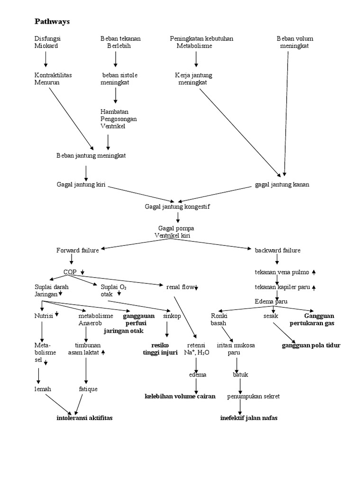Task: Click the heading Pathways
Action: (x=53, y=21)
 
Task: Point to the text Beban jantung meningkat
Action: (x=91, y=155)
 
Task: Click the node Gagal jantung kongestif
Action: (x=177, y=206)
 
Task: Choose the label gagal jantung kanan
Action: (x=282, y=185)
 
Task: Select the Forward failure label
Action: (x=77, y=250)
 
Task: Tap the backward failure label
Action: (x=277, y=250)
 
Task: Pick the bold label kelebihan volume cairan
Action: (x=180, y=396)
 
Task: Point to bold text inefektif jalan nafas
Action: (x=249, y=418)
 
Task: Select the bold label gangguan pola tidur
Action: (x=310, y=345)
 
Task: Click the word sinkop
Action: (x=171, y=316)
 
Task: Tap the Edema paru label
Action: (x=271, y=301)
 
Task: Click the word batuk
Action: (x=240, y=374)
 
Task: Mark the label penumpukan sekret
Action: (x=246, y=396)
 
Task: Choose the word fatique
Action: (x=88, y=389)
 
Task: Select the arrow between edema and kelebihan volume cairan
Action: (x=196, y=385)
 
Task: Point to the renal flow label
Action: (x=181, y=287)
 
